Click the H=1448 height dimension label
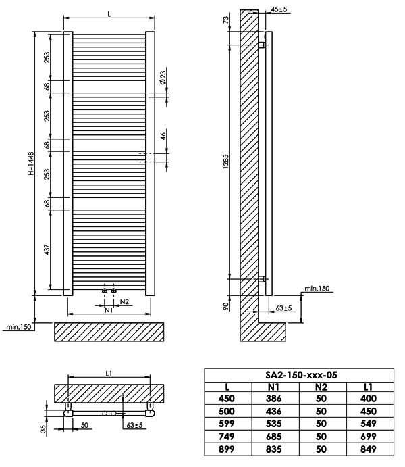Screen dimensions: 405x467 [x=31, y=164]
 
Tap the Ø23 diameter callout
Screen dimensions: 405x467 [x=163, y=77]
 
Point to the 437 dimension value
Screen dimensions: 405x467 [x=47, y=249]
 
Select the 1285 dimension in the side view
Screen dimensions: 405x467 [x=226, y=162]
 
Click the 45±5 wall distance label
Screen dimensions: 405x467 [x=279, y=9]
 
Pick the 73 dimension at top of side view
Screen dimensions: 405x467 [x=226, y=20]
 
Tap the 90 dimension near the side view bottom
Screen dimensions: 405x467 [x=226, y=306]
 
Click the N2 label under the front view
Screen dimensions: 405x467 [x=124, y=301]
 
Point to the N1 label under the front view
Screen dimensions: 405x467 [x=109, y=310]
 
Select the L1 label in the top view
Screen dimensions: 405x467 [x=109, y=374]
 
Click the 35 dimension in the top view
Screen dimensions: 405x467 [x=43, y=429]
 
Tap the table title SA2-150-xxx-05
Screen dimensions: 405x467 [x=301, y=375]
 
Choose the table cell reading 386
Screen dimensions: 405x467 [x=273, y=399]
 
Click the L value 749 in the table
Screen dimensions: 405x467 [x=227, y=437]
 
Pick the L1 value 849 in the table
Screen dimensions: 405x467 [x=369, y=449]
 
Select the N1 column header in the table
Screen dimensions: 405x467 [x=273, y=387]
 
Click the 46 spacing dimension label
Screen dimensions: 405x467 [x=163, y=136]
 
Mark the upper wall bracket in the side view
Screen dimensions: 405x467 [x=262, y=45]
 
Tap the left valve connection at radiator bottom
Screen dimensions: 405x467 [x=105, y=291]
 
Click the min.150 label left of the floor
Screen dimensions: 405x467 [x=18, y=327]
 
